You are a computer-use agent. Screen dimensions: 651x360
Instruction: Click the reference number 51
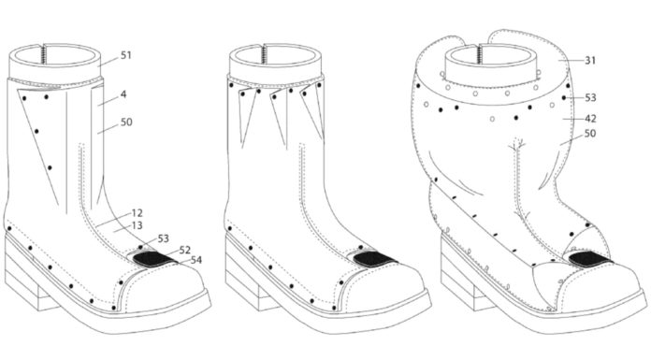[125, 55]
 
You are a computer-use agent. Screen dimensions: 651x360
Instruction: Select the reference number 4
[123, 94]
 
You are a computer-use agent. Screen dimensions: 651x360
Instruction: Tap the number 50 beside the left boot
[126, 122]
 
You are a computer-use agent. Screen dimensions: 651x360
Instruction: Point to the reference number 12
[137, 213]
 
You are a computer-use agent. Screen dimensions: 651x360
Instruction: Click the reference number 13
[137, 225]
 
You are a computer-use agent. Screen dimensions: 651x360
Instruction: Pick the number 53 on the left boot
[163, 238]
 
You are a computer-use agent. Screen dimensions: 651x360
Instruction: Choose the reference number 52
[185, 250]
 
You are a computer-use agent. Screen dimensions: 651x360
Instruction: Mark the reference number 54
[196, 260]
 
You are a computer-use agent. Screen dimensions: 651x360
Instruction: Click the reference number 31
[590, 61]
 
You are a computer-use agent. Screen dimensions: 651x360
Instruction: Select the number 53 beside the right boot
[590, 98]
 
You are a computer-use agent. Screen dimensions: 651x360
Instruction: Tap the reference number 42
[590, 119]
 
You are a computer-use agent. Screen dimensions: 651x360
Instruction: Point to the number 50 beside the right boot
[590, 134]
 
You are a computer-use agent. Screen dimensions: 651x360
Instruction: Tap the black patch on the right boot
[590, 260]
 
